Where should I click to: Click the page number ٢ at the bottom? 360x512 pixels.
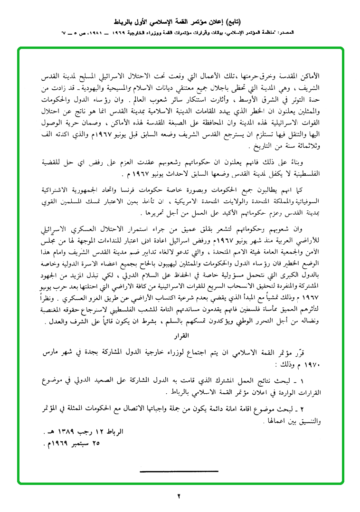(x=179, y=497)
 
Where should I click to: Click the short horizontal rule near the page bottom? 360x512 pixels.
(x=179, y=471)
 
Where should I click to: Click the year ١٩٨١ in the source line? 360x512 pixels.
(x=95, y=35)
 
